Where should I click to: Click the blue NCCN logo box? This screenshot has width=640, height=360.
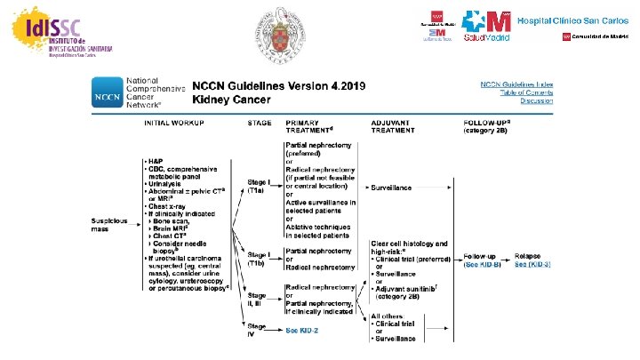pyautogui.click(x=106, y=91)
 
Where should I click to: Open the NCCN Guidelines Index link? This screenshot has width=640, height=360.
pyautogui.click(x=516, y=84)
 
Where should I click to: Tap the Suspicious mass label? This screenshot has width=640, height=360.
pyautogui.click(x=111, y=223)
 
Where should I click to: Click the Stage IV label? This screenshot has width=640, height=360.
pyautogui.click(x=257, y=331)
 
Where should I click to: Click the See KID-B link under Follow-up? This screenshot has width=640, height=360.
pyautogui.click(x=484, y=265)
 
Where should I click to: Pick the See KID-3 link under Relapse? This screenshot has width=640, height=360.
pyautogui.click(x=534, y=265)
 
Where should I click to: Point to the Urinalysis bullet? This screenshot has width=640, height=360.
pyautogui.click(x=169, y=182)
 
